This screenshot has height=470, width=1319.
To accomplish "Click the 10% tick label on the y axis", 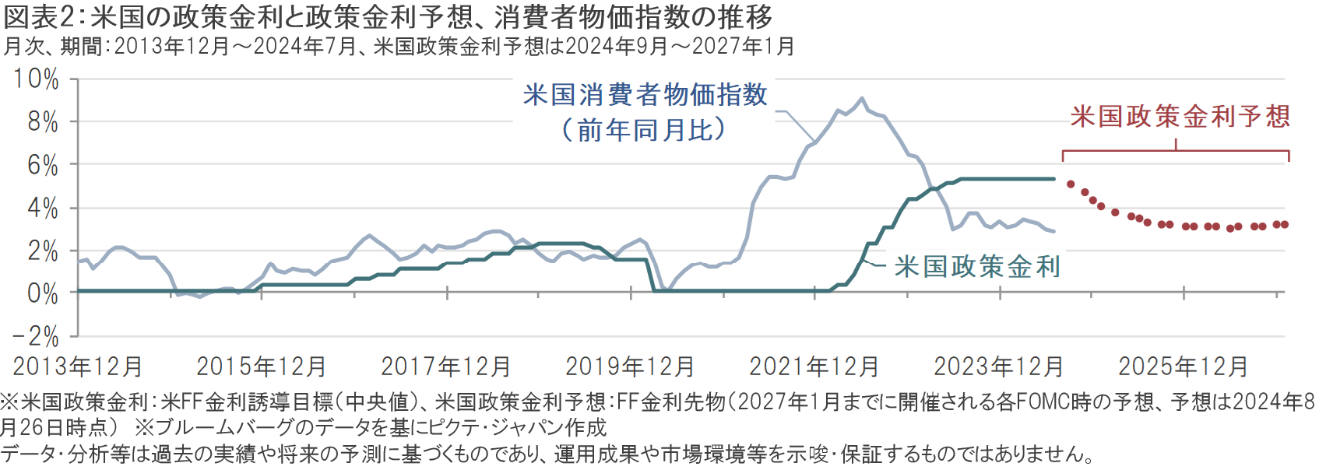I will pos(36,79).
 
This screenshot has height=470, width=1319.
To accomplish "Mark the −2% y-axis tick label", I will pos(36,337).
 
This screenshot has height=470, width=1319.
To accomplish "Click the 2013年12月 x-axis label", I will pos(78,367).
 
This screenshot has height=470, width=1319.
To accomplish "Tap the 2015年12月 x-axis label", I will pos(262,367).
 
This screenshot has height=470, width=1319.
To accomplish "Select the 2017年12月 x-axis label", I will pos(446,367).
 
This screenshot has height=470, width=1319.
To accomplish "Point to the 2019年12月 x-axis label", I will pos(630,367).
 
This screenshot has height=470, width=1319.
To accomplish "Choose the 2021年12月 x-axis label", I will pos(814,367).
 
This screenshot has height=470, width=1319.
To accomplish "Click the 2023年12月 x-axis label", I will pos(999,367).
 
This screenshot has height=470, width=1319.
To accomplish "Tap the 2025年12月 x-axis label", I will pos(1184,367).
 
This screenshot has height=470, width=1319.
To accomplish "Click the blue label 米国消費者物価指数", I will pos(645,95).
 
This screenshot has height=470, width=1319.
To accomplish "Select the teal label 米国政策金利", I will pos(977,267).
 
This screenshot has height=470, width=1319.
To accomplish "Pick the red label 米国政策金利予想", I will pos(1180,117).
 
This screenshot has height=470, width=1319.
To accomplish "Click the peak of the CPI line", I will pos(861,99).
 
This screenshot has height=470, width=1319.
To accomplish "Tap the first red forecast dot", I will pos(1071,184).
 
